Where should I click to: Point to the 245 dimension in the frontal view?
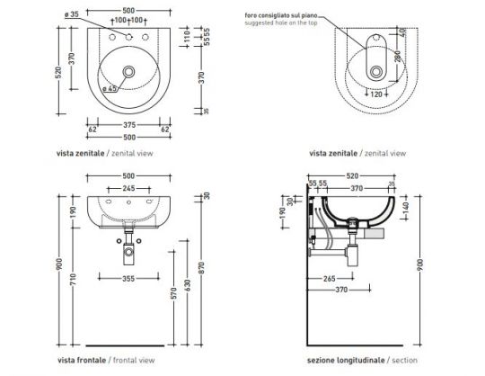(130, 188)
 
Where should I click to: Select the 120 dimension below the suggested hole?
(377, 93)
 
